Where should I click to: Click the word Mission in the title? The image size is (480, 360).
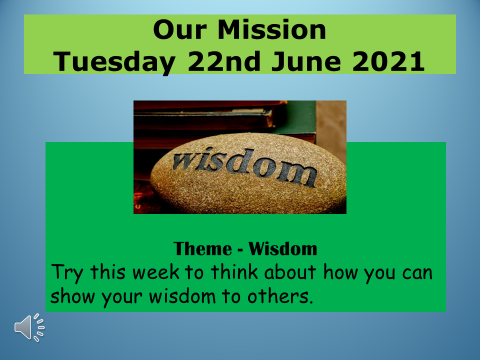coord(272,30)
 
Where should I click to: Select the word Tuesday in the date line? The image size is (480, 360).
coord(114,62)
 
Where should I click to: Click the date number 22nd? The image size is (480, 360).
coord(224,61)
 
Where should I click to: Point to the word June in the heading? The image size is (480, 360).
coord(306,61)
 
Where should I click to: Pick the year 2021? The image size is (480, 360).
coord(388,61)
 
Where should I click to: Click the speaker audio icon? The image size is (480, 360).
coord(29,327)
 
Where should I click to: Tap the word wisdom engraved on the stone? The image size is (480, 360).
coord(245,167)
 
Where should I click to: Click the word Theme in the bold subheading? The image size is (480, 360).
coord(203,249)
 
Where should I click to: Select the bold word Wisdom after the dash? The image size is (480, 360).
coord(283,249)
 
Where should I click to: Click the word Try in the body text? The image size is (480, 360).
coord(67,273)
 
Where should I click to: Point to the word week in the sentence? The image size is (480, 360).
coord(156,272)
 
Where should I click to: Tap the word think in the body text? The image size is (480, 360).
coord(235,271)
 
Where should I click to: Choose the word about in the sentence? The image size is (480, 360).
coord(290,272)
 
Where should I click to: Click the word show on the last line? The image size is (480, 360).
coord(72,296)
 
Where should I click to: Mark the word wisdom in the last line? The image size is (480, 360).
coord(182,296)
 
